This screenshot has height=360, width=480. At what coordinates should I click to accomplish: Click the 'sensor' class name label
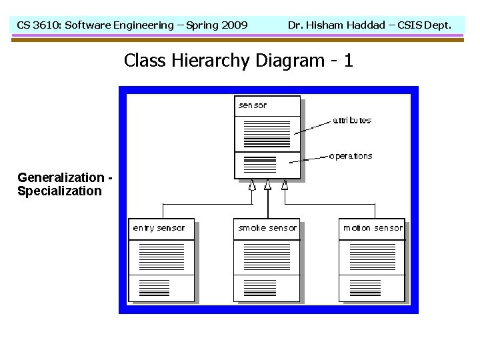pos(253,105)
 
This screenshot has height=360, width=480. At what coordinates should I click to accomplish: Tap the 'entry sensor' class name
pos(159,228)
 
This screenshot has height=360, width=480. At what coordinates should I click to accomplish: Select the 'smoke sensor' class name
pos(267,228)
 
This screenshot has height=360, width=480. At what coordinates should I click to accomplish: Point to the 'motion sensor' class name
pos(373,228)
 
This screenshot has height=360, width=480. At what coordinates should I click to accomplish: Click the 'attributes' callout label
pos(352,121)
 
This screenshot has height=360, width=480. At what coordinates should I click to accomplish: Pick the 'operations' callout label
pos(351,156)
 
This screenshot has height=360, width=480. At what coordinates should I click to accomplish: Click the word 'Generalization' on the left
pos(61,178)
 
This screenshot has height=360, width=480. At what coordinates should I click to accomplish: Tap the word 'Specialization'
pos(59,191)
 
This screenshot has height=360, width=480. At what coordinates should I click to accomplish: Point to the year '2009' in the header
pos(233,25)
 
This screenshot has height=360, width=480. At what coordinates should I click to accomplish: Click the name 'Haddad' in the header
pos(365,25)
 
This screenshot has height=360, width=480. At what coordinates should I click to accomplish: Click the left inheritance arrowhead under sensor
pos(252,185)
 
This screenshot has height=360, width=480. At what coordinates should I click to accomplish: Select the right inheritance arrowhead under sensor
pos(285,185)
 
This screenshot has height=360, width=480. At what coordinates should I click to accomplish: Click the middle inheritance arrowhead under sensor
pos(268,185)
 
